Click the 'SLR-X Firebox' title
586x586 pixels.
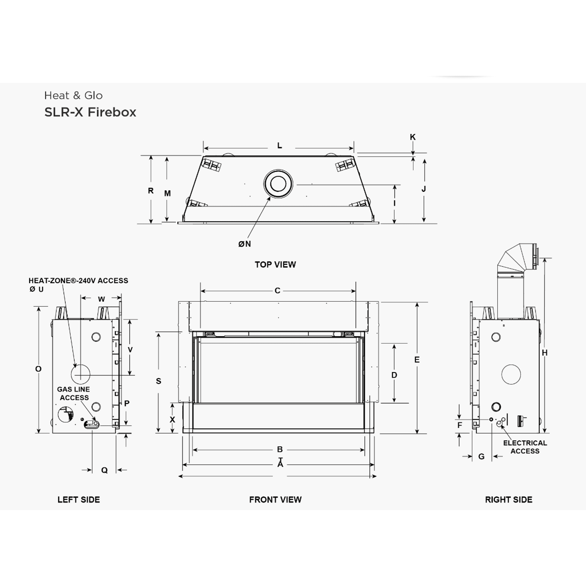[90, 112]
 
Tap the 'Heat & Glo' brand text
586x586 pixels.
[73, 95]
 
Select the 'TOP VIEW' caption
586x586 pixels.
[275, 265]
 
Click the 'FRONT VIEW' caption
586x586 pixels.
[275, 500]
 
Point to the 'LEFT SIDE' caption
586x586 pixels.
[79, 500]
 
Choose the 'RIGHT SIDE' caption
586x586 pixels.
[508, 500]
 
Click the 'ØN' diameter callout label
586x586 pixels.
[244, 244]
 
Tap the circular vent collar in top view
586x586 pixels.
[278, 184]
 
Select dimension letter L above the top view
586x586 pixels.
[279, 146]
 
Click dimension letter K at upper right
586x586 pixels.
[413, 137]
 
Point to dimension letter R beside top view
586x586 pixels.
[151, 191]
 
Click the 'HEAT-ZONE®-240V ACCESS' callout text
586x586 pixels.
[78, 281]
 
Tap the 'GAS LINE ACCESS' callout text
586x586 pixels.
[74, 393]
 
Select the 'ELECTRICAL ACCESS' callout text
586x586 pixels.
[525, 447]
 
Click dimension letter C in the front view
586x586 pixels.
[277, 291]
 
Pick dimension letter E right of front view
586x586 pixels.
[417, 360]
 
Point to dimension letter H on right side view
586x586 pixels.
[544, 353]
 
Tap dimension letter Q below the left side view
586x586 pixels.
[104, 470]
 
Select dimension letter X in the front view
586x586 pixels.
[172, 420]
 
